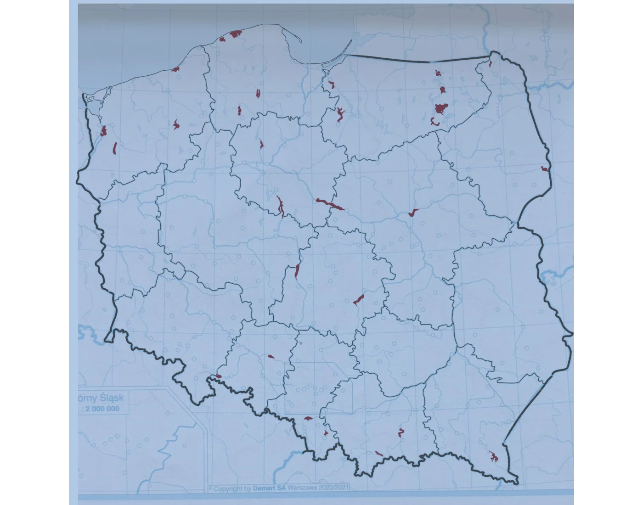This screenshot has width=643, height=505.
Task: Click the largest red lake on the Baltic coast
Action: [x=236, y=34]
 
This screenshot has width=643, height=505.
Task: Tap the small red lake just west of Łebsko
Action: [x=222, y=39]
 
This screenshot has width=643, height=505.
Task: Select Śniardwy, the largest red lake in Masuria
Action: [x=441, y=109]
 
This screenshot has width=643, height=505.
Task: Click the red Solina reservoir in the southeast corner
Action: [x=494, y=457]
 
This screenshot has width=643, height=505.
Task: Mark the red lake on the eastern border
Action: [x=544, y=169]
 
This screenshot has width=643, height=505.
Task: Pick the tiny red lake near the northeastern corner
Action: [x=491, y=64]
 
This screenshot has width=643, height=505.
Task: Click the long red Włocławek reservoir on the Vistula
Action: [x=330, y=204]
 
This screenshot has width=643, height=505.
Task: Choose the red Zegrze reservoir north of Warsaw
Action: [x=413, y=213]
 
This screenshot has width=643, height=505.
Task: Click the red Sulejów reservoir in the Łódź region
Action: [x=358, y=300]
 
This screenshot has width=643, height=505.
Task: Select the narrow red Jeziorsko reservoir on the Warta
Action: [x=297, y=271]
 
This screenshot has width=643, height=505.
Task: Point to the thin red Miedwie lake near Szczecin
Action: [x=114, y=148]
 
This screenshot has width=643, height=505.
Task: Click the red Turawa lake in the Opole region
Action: [x=271, y=356]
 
